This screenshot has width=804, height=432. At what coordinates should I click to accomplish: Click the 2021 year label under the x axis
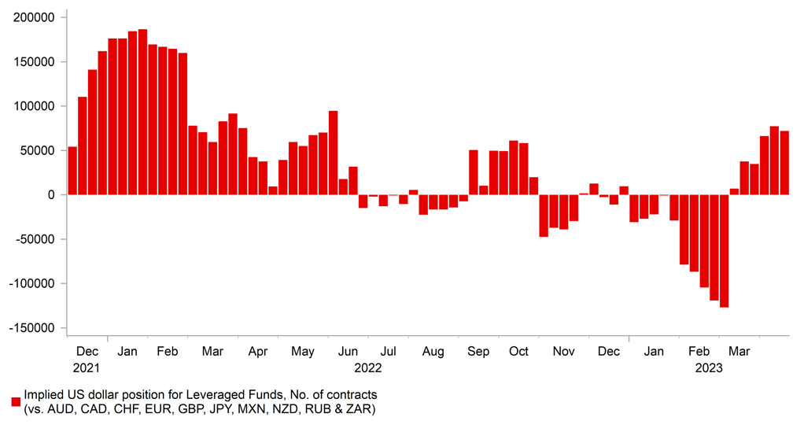[87, 367]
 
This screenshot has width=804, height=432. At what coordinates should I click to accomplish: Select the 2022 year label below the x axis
[367, 367]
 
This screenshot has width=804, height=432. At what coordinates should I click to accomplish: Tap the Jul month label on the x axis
[388, 351]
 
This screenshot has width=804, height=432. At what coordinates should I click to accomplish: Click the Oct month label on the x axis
[518, 351]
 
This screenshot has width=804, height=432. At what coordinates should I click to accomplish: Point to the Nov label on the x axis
[563, 351]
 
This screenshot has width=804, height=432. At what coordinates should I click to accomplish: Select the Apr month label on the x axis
[258, 351]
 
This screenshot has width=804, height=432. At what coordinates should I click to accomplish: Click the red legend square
[15, 401]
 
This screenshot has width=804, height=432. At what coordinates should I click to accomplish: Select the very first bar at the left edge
[72, 171]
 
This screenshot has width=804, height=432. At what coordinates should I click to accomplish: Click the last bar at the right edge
[784, 163]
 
